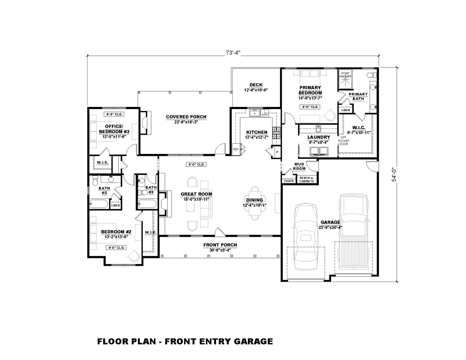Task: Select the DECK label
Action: pyautogui.click(x=256, y=85)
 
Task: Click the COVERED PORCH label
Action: pyautogui.click(x=186, y=117)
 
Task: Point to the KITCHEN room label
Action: pyautogui.click(x=257, y=132)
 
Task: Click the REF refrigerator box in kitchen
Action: pyautogui.click(x=236, y=149)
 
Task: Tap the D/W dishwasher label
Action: pyautogui.click(x=265, y=114)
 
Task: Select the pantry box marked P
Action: pyautogui.click(x=277, y=152)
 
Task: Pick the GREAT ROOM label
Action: pyautogui.click(x=196, y=194)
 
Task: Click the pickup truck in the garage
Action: pyautogui.click(x=354, y=233)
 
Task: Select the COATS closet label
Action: pyautogui.click(x=288, y=181)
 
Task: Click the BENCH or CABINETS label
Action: pyautogui.click(x=306, y=180)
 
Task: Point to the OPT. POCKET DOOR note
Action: pyautogui.click(x=343, y=140)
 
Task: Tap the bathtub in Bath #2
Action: pyautogui.click(x=98, y=204)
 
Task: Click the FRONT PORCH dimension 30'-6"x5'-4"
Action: pyautogui.click(x=220, y=250)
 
